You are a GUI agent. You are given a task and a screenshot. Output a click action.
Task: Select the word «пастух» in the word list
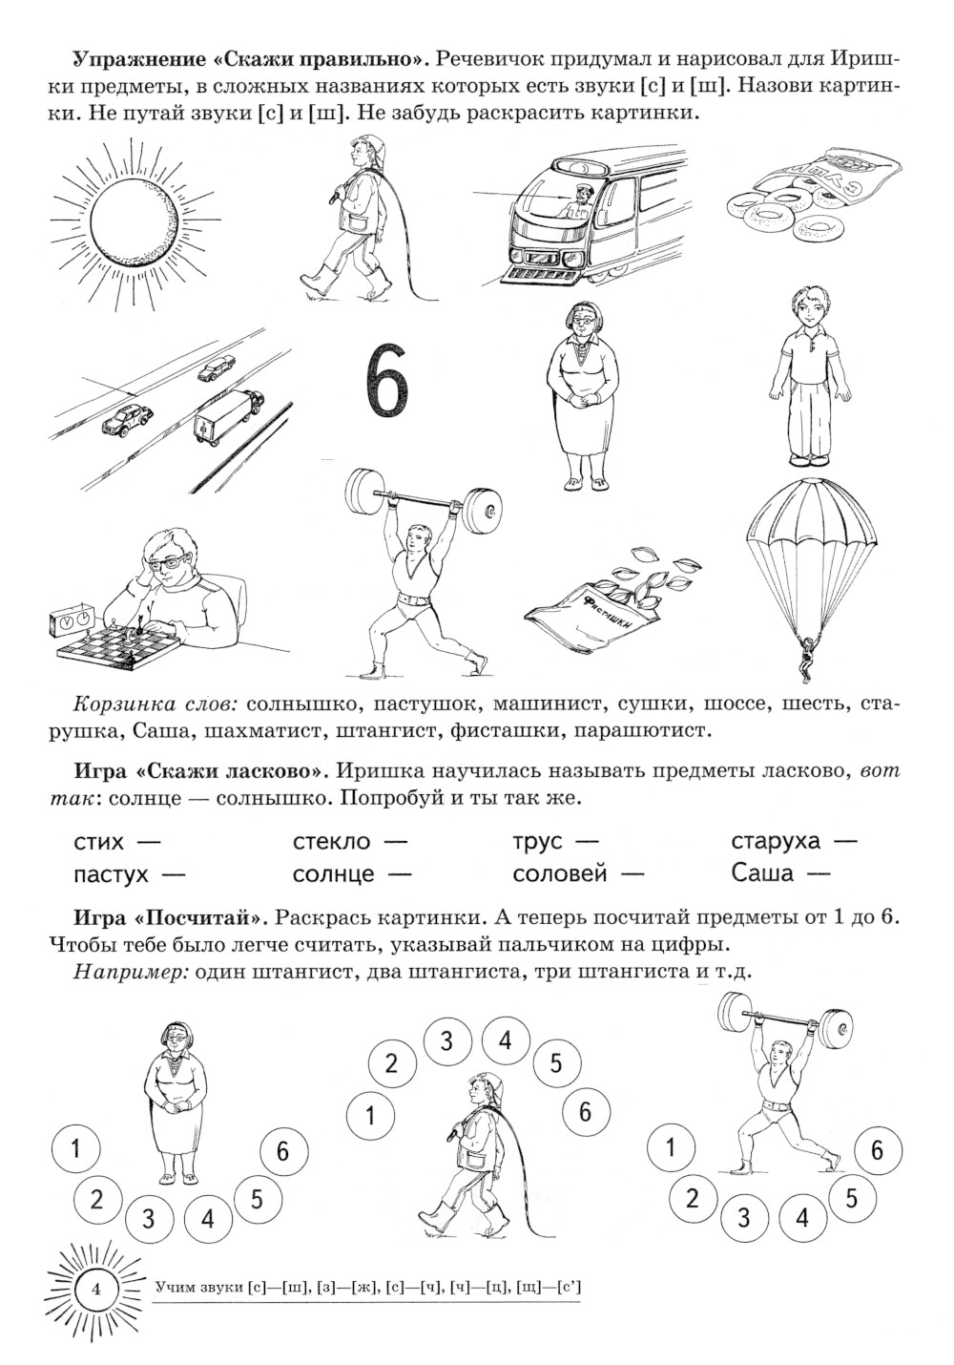(110, 873)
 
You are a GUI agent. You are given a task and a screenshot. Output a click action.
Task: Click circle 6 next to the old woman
(282, 1151)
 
